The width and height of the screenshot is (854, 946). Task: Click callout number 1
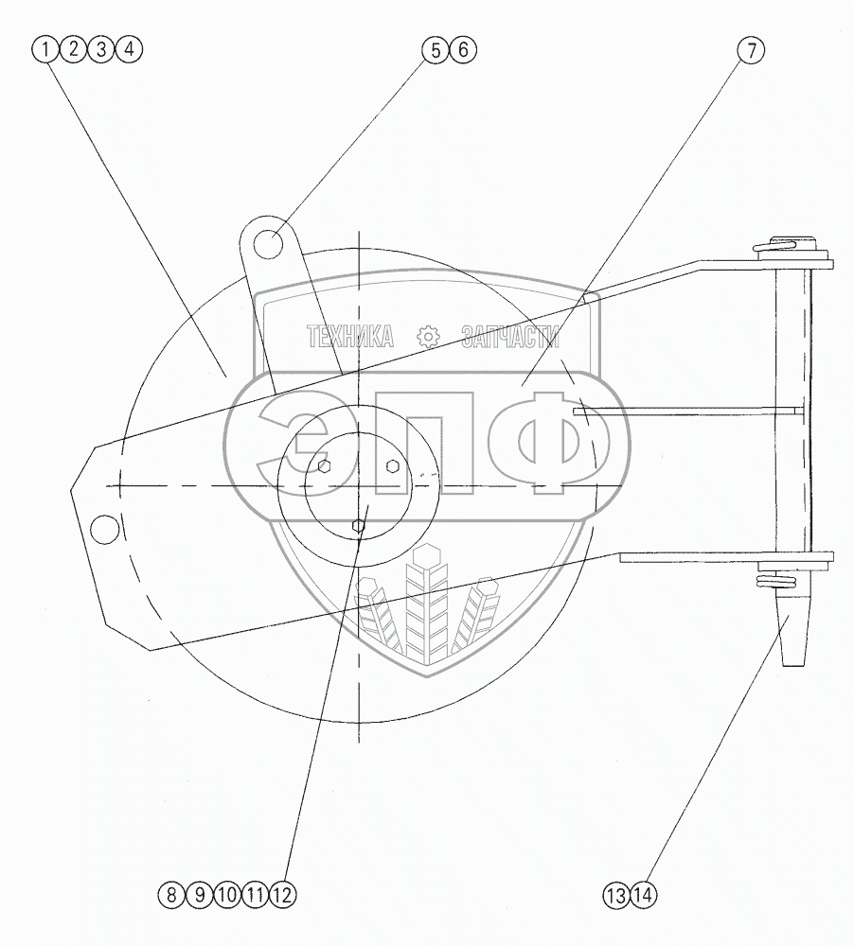point(44,49)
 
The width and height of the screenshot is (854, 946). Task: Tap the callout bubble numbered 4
point(129,49)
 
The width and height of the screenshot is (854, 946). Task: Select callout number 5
point(436,49)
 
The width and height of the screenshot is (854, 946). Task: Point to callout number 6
point(463,49)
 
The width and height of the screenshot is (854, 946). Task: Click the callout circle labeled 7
point(751,49)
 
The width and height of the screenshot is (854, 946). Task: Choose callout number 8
point(171,895)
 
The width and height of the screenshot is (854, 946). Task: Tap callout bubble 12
point(283,895)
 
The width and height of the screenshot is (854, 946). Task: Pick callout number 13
point(616,896)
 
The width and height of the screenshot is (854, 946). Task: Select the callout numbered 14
point(643,896)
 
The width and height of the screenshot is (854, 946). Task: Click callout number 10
point(227,895)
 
